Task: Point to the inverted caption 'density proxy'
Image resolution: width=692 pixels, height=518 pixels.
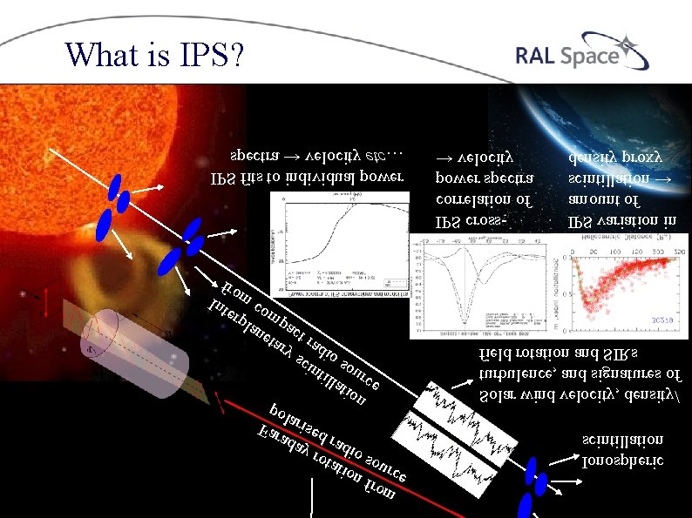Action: pos(615,159)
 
